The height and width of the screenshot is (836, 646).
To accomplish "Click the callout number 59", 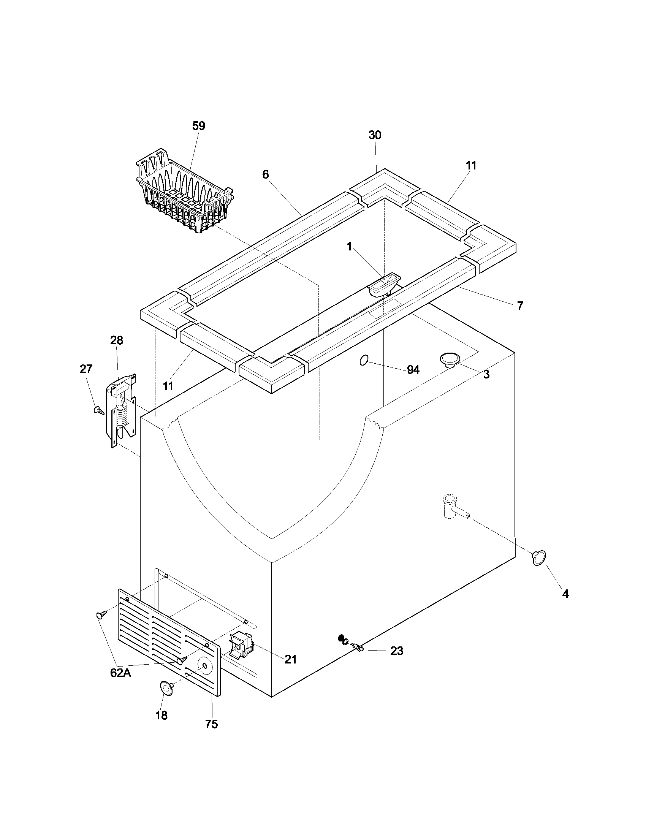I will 198,126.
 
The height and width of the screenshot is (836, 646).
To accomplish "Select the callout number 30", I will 375,135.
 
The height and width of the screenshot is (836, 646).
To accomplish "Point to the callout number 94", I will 413,370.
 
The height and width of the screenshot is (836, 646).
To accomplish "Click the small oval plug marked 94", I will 364,360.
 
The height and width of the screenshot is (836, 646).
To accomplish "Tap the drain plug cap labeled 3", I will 449,359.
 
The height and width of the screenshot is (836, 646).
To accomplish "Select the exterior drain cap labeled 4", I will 539,558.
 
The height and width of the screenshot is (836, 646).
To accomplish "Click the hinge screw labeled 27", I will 98,411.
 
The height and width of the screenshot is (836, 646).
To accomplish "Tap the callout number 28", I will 116,340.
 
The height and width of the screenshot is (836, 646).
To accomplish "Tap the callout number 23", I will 396,651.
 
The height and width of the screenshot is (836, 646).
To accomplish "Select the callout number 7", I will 520,306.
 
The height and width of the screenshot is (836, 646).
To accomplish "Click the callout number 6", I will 265,175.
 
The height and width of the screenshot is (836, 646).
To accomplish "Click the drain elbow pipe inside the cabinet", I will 453,508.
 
